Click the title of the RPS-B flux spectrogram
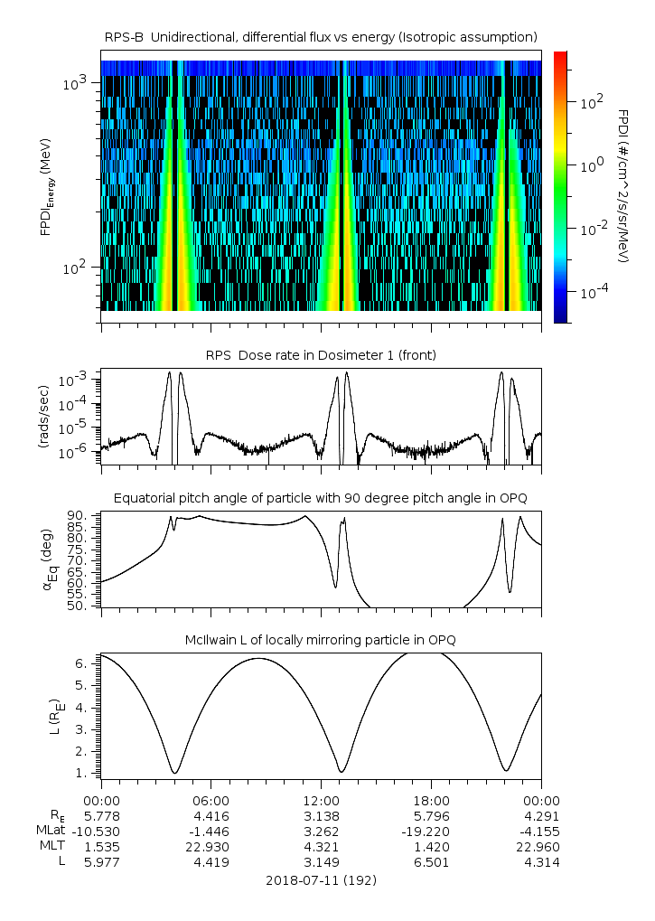[x=321, y=36]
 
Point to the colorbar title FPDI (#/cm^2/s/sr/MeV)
[x=623, y=186]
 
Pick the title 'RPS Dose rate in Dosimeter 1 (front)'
[x=321, y=355]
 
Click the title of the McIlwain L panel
[x=321, y=640]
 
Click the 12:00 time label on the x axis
[x=322, y=800]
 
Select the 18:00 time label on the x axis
[x=432, y=800]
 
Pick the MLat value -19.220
[x=432, y=831]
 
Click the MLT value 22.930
[x=211, y=846]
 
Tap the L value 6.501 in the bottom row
[x=432, y=862]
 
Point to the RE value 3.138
[x=322, y=815]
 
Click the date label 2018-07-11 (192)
[x=321, y=879]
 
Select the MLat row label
[x=51, y=831]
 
